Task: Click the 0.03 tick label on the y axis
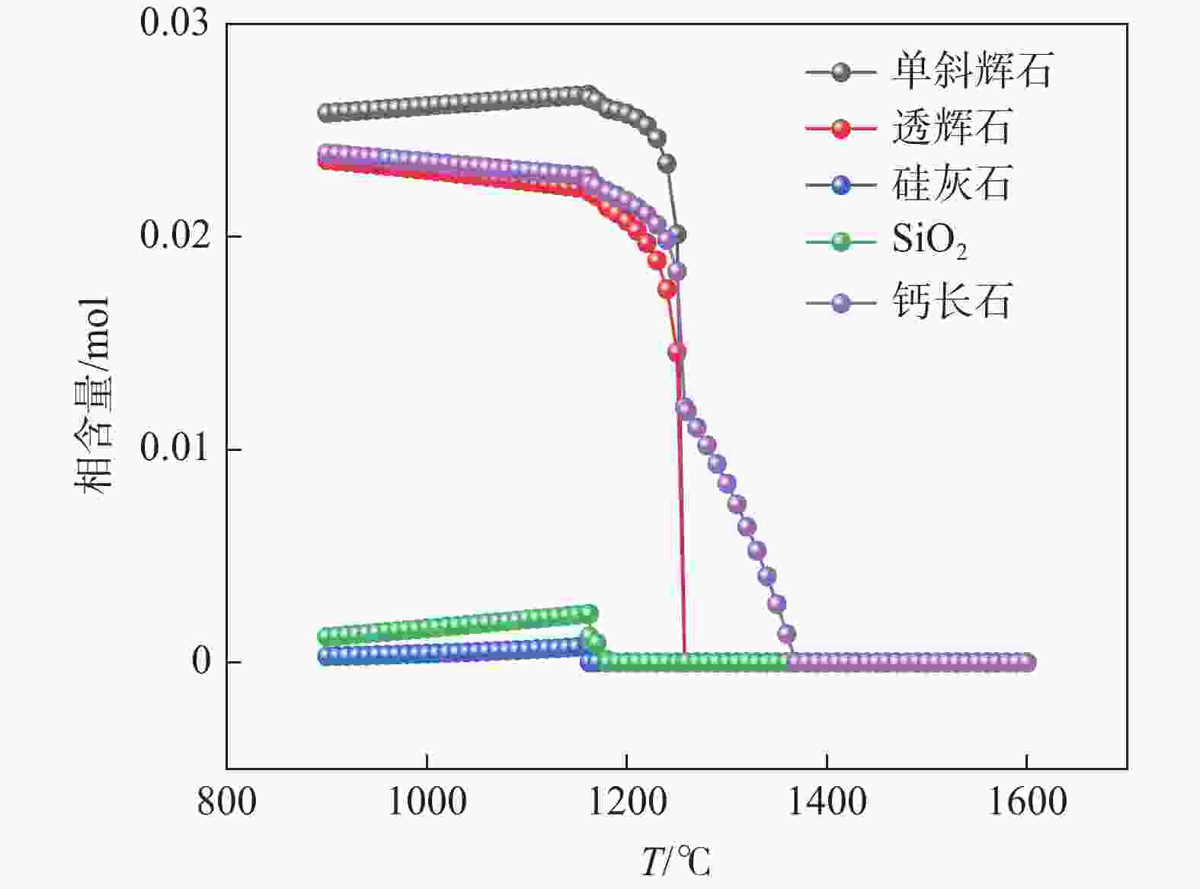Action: pyautogui.click(x=174, y=22)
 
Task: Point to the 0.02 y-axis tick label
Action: pyautogui.click(x=174, y=235)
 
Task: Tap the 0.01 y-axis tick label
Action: pyautogui.click(x=174, y=448)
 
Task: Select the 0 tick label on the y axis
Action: pyautogui.click(x=201, y=661)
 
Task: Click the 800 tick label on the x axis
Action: pyautogui.click(x=226, y=802)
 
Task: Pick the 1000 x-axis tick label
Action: pyautogui.click(x=427, y=802)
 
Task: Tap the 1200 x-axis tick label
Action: pyautogui.click(x=626, y=802)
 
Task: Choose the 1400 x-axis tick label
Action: pyautogui.click(x=827, y=802)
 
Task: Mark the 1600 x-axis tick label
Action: pyautogui.click(x=1026, y=802)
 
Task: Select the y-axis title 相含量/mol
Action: pyautogui.click(x=93, y=395)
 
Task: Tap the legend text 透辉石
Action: pyautogui.click(x=952, y=127)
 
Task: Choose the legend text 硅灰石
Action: pyautogui.click(x=952, y=184)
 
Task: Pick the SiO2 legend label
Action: pyautogui.click(x=930, y=241)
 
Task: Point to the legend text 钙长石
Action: pyautogui.click(x=952, y=302)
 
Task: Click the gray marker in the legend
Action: pyautogui.click(x=840, y=72)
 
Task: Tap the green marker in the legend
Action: pyautogui.click(x=840, y=242)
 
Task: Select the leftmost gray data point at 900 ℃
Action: pyautogui.click(x=327, y=113)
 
